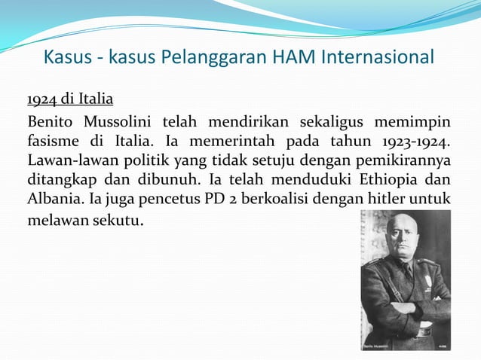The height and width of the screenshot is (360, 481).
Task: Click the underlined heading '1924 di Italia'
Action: click(x=70, y=100)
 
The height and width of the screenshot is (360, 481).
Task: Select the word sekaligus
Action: click(x=335, y=122)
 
